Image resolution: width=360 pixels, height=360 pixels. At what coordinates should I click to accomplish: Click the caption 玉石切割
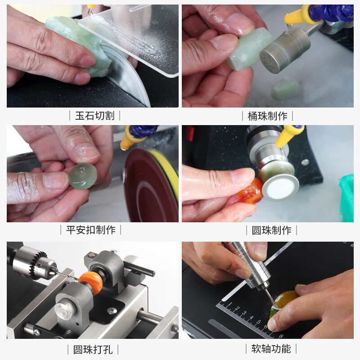click(x=94, y=116)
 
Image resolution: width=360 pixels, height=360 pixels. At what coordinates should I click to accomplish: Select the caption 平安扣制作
click(x=91, y=230)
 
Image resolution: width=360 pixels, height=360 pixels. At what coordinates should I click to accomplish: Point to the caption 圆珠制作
click(x=271, y=230)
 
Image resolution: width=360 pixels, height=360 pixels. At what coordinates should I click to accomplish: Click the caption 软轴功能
click(x=271, y=348)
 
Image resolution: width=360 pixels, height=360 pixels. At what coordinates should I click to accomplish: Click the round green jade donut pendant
click(x=83, y=176)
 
